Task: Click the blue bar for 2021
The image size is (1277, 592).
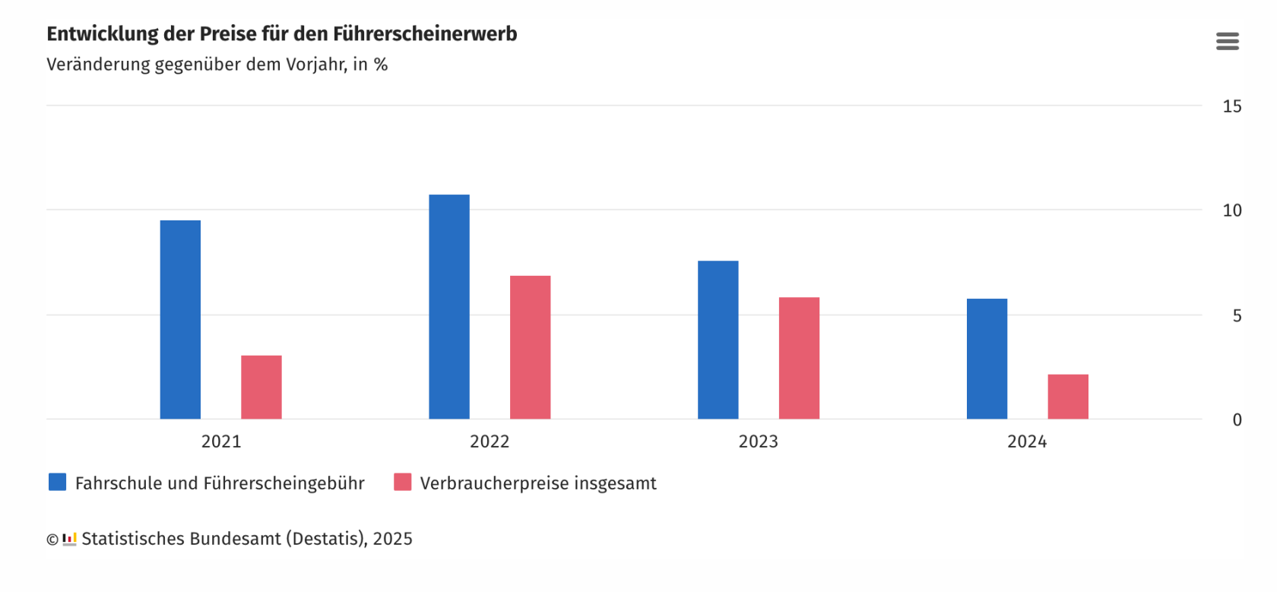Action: tap(180, 319)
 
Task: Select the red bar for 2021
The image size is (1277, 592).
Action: tap(261, 387)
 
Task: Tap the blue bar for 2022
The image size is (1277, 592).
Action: tap(449, 306)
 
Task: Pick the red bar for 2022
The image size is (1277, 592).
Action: tap(530, 347)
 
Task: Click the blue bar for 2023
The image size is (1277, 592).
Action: tap(718, 340)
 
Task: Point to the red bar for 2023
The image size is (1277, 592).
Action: tap(799, 358)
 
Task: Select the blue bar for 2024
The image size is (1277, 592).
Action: tap(987, 359)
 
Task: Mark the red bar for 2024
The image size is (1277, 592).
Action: tap(1068, 397)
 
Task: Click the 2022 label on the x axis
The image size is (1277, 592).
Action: tap(490, 442)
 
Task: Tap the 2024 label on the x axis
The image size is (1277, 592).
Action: tap(1027, 442)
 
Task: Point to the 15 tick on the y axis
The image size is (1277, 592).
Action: tap(1231, 106)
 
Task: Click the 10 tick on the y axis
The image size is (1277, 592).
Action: tap(1231, 211)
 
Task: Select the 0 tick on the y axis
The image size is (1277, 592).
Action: tap(1237, 419)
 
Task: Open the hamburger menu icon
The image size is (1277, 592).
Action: tap(1227, 41)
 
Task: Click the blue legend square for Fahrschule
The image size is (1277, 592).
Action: tap(57, 482)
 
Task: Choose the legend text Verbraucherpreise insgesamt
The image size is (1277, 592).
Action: tap(538, 483)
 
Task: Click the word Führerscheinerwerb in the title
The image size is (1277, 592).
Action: tap(425, 34)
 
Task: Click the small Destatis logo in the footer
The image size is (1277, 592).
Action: tap(69, 539)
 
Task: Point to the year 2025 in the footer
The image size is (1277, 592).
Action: tap(392, 539)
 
